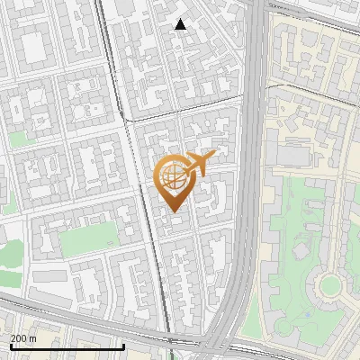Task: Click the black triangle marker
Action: pos(181,24)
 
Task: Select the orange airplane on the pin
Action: pos(198,164)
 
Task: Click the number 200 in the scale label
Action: pos(17,338)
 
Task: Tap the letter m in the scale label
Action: pos(32,338)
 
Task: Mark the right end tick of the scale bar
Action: pos(123,346)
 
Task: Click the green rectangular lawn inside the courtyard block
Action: pos(89,237)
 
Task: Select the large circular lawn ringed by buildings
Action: pos(330,286)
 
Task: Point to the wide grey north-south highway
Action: pos(255,135)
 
